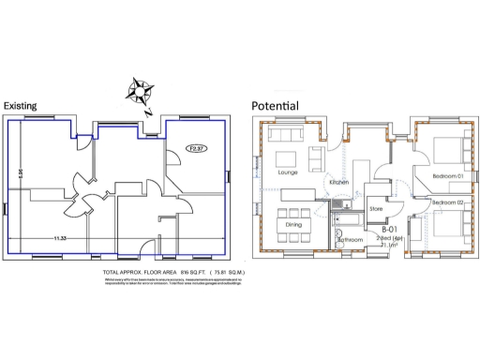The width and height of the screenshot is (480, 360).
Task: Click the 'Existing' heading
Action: [x=22, y=106]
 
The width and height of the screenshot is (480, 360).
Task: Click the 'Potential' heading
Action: [x=275, y=106]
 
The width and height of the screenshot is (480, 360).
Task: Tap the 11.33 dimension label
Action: [x=61, y=239]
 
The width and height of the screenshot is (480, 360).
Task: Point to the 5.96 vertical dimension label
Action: [x=20, y=172]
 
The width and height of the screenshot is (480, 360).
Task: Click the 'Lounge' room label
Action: [x=287, y=172]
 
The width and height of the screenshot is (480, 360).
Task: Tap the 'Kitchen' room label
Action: [x=338, y=181]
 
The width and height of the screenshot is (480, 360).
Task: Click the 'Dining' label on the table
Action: [x=293, y=224]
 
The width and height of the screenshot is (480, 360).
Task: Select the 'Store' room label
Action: [x=376, y=208]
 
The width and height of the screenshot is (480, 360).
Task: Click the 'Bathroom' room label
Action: [x=350, y=240]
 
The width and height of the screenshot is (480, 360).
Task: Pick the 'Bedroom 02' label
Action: [x=447, y=202]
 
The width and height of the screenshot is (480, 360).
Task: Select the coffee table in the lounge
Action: [x=287, y=155]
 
